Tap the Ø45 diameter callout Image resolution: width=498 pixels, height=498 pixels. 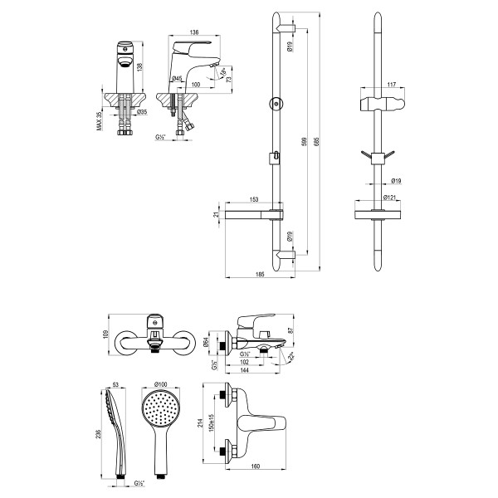[177, 79]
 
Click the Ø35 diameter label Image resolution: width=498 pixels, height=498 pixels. [142, 112]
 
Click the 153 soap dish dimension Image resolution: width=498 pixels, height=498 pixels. [254, 199]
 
